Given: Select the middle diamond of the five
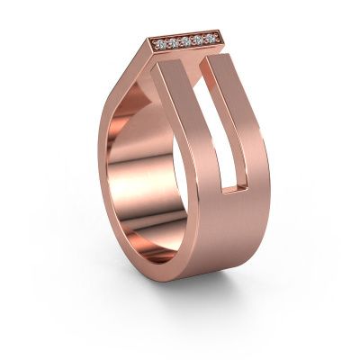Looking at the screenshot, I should [x=184, y=40].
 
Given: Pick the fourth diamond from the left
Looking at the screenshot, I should [x=196, y=39].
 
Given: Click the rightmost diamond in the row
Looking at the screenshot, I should [x=209, y=38].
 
